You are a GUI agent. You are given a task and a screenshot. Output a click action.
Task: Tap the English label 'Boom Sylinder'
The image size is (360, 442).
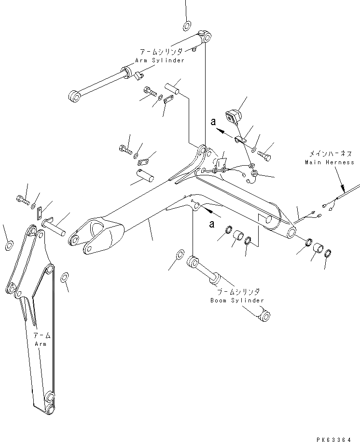(x=237, y=300)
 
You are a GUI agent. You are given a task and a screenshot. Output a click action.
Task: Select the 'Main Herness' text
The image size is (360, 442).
(x=329, y=162)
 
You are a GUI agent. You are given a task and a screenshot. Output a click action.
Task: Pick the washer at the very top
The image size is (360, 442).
(x=187, y=25)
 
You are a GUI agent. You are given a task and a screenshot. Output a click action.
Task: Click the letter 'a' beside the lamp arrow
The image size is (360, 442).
(x=212, y=122)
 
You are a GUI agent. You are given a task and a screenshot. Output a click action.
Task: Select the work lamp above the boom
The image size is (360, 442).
(x=233, y=116)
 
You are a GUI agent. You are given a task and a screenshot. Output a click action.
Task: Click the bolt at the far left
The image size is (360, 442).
(x=22, y=198)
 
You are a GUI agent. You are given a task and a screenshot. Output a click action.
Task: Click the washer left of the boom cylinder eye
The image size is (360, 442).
(x=179, y=254)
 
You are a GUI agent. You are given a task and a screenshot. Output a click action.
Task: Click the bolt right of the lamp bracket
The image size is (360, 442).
(x=265, y=156)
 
